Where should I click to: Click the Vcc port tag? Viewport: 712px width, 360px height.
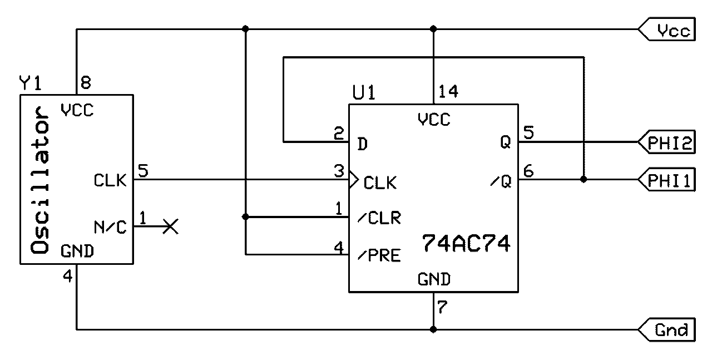(x=667, y=29)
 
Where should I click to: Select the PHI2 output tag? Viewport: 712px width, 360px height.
(x=667, y=144)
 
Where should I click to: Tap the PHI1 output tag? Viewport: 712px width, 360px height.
(x=667, y=180)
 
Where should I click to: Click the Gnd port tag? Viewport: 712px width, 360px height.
(x=667, y=329)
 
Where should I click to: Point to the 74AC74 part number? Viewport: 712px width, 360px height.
(x=466, y=243)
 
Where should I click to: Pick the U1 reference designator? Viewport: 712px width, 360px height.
(x=364, y=92)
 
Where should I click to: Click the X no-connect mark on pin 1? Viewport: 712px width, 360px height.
(x=171, y=226)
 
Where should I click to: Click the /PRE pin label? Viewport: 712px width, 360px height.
(x=379, y=255)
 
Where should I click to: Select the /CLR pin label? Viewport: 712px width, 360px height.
(x=379, y=217)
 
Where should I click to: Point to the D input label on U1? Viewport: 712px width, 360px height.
(x=362, y=145)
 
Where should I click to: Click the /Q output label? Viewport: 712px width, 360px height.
(x=501, y=181)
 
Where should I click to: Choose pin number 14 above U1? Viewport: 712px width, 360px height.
(x=448, y=91)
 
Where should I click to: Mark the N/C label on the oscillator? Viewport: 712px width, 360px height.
(x=111, y=226)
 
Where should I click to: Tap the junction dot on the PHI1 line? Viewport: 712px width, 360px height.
(x=583, y=180)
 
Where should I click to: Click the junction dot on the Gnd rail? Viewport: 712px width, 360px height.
(x=433, y=329)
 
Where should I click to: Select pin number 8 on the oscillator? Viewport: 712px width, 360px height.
(x=86, y=83)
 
